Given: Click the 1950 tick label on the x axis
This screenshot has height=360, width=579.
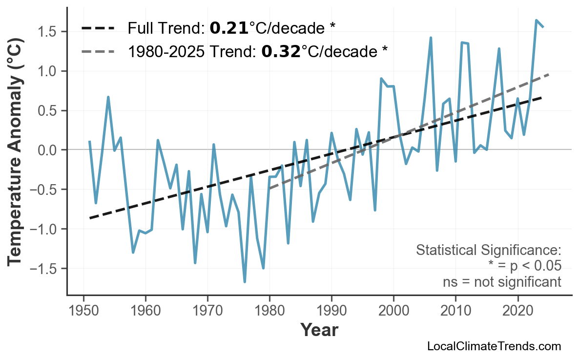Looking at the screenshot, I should [83, 311].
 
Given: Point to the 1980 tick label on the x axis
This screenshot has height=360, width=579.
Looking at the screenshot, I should [269, 311].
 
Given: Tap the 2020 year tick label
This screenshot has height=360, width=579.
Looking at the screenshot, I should [517, 311].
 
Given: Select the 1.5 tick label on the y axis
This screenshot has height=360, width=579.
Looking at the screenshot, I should [49, 32].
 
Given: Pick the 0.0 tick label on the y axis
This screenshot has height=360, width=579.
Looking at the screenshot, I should [49, 150].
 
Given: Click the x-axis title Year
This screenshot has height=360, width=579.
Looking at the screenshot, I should [319, 330].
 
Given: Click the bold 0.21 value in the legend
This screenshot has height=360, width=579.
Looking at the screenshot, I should [229, 28].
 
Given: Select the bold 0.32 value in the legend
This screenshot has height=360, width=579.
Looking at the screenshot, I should [281, 51].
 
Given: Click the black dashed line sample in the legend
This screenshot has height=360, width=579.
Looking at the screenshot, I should [98, 28].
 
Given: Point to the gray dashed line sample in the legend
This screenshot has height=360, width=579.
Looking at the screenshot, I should [98, 51].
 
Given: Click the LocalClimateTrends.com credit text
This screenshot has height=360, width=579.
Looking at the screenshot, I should [494, 346].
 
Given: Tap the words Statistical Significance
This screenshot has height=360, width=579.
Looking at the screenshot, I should [488, 251].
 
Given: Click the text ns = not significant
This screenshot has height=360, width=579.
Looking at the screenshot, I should [501, 282].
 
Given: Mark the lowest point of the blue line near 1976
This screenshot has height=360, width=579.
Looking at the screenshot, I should [245, 282].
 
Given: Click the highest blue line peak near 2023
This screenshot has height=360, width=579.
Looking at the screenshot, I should [537, 21].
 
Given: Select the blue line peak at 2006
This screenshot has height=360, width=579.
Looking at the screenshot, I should [431, 38].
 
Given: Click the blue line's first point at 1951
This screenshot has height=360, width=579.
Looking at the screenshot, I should [90, 141].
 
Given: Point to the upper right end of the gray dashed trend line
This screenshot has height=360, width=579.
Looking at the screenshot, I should [549, 75].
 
